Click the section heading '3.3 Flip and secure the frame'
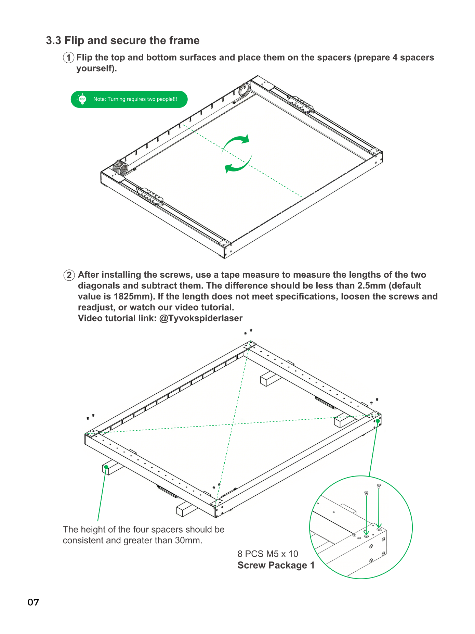[123, 40]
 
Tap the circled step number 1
[69, 58]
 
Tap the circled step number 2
[69, 275]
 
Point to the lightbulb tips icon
[82, 99]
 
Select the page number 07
[33, 602]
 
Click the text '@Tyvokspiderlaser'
[201, 318]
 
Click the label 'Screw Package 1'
[276, 565]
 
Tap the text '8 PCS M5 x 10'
[268, 554]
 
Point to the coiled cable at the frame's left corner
[120, 168]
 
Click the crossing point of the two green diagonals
[233, 424]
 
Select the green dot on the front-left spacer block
[106, 467]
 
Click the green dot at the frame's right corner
[378, 421]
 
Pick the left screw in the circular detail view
[366, 493]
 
